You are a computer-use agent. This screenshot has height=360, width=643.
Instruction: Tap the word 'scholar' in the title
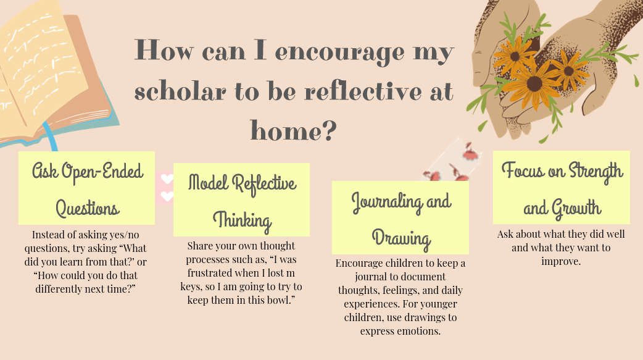point(180,91)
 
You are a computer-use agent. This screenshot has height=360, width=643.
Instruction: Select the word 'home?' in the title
point(294,130)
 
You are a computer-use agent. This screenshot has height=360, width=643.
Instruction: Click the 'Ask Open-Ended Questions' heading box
point(86,188)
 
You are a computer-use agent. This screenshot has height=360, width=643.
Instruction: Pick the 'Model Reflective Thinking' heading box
point(241,199)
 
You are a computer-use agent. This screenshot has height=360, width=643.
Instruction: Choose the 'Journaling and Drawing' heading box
point(400,217)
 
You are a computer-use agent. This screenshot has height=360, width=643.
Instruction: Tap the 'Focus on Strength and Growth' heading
point(562,187)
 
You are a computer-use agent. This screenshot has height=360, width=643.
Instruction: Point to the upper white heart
point(167,179)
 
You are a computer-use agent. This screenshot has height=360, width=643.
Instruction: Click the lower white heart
point(167,196)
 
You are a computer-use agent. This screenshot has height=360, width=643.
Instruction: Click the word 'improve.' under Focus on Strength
point(561,261)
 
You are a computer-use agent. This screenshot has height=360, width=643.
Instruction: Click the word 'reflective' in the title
point(362,91)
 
